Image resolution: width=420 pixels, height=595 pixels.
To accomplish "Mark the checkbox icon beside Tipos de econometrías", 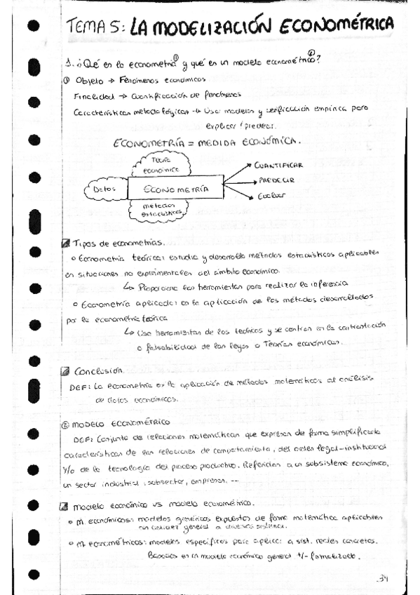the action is pyautogui.click(x=65, y=243).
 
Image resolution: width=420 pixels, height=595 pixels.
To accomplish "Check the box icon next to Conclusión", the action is pyautogui.click(x=65, y=370).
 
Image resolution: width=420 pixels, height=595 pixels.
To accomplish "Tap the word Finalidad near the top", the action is pyautogui.click(x=92, y=95).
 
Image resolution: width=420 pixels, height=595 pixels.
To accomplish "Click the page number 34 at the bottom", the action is pyautogui.click(x=382, y=579).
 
